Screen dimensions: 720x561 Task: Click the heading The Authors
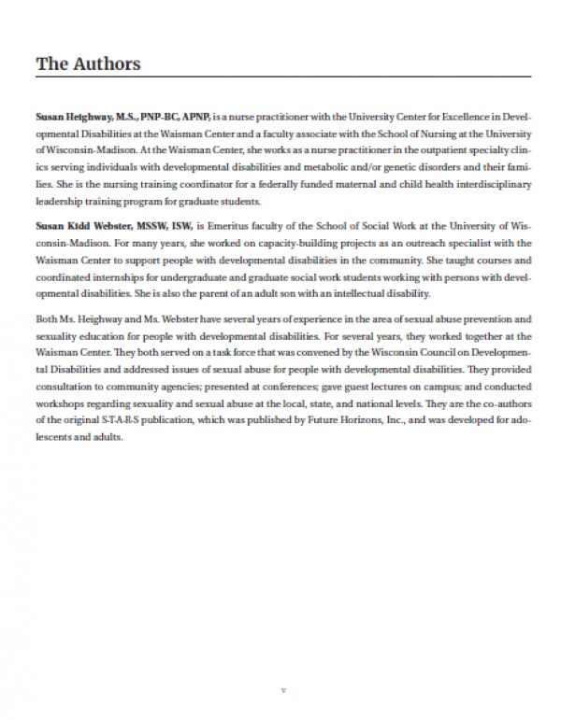coord(88,64)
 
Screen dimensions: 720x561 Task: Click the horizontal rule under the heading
coord(283,77)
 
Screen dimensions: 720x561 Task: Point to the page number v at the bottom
coord(283,690)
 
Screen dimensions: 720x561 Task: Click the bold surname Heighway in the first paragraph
coord(91,119)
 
